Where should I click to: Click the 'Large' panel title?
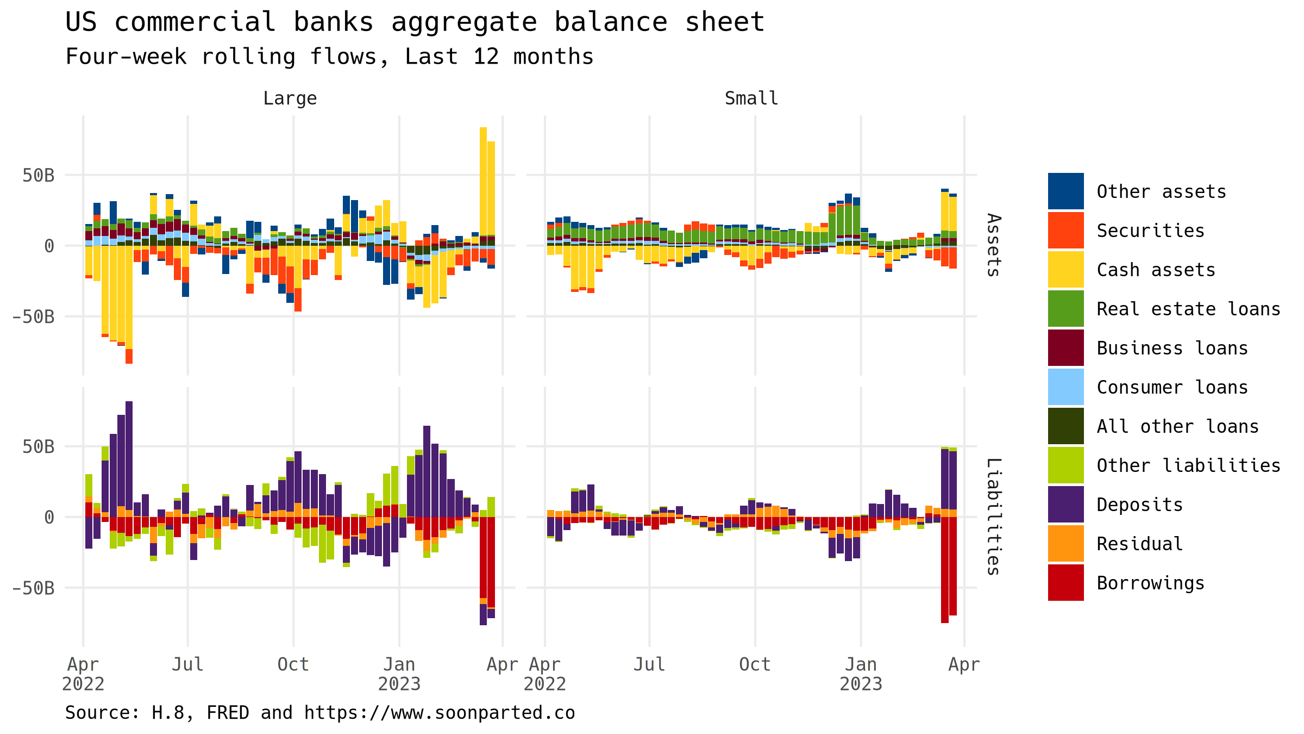[x=290, y=98]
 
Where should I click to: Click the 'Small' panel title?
[x=751, y=98]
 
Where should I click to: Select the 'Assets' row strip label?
[x=993, y=245]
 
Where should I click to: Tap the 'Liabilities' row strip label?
[x=993, y=517]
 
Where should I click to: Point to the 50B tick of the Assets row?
[x=39, y=175]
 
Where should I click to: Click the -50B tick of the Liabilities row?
[x=33, y=588]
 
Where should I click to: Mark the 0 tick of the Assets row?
[x=49, y=246]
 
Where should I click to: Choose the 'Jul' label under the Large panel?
[x=187, y=664]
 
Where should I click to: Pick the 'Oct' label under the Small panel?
[x=755, y=664]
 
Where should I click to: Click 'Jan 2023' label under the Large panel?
[x=399, y=674]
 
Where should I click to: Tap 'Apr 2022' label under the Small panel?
[x=545, y=674]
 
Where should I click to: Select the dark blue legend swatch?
[x=1065, y=191]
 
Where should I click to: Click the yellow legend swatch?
[x=1065, y=269]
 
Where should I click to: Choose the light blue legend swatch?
[x=1065, y=387]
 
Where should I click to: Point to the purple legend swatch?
[x=1065, y=504]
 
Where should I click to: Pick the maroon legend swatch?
[x=1065, y=347]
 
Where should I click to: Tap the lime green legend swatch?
[x=1065, y=465]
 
